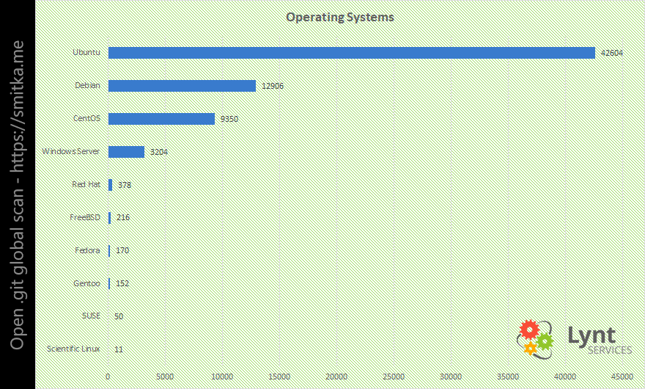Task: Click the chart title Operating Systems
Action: (x=339, y=17)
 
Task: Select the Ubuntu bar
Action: (x=351, y=53)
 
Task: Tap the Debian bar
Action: (x=182, y=86)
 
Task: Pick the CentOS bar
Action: (x=161, y=119)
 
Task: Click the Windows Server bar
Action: (x=126, y=152)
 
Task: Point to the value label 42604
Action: (x=611, y=54)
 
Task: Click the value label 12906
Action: (x=272, y=87)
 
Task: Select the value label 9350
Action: (x=229, y=120)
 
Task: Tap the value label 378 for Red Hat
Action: (x=125, y=185)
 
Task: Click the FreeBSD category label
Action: (x=84, y=217)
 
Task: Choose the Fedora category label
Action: (x=87, y=250)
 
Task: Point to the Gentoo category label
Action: (x=86, y=283)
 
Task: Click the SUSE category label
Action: (x=91, y=316)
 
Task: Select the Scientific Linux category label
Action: (x=73, y=349)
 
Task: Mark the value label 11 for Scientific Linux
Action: (x=119, y=349)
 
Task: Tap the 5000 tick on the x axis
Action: (x=165, y=376)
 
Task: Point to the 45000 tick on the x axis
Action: (x=622, y=376)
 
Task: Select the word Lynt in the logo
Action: (x=591, y=335)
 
